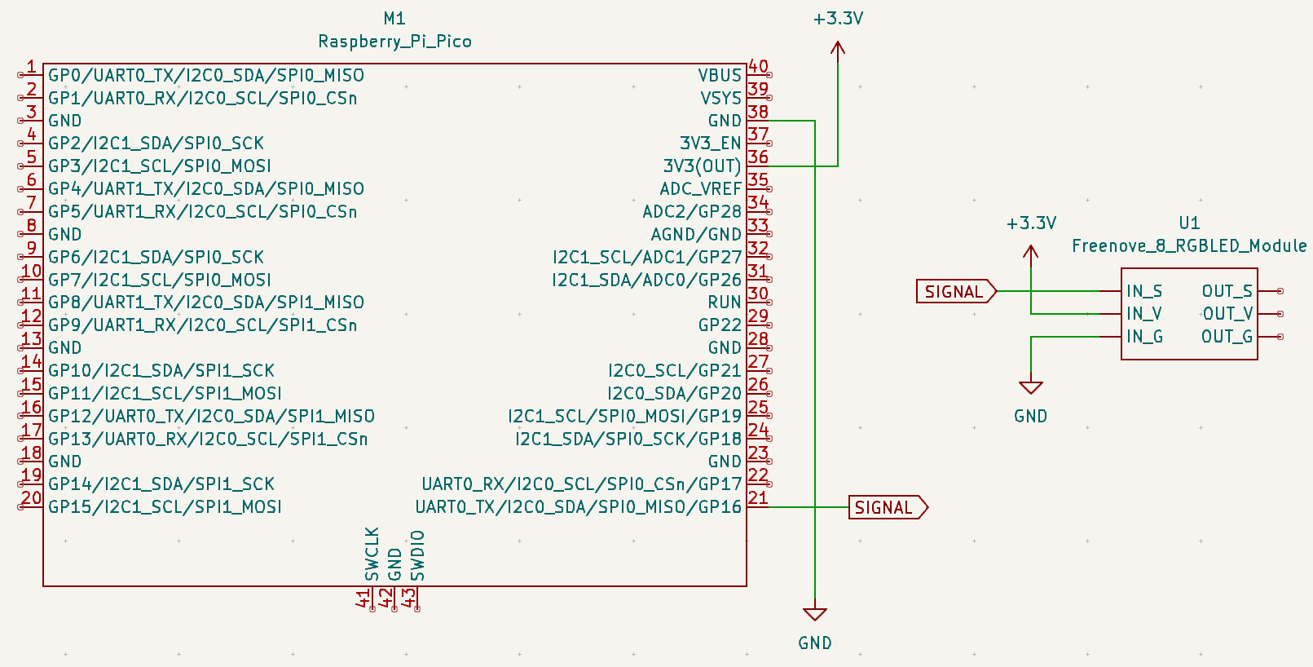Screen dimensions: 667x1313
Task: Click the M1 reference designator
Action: (x=394, y=18)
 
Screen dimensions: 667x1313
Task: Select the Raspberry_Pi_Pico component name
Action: (x=394, y=41)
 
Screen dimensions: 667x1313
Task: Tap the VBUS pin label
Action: (x=719, y=75)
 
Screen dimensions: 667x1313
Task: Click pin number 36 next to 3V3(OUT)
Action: (x=758, y=157)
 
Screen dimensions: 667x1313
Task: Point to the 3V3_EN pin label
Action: (x=710, y=144)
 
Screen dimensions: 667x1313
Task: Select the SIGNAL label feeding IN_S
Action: (x=954, y=291)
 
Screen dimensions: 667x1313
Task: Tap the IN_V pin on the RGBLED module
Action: (x=1143, y=314)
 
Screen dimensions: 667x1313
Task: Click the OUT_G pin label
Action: (x=1227, y=337)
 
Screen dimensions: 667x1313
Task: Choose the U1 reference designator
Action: (x=1189, y=223)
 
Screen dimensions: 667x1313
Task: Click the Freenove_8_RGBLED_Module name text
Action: (x=1189, y=245)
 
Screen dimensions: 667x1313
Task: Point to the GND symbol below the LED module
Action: (x=1031, y=389)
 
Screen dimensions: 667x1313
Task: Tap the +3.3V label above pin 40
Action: (x=838, y=18)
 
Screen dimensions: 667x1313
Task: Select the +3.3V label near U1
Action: (x=1031, y=223)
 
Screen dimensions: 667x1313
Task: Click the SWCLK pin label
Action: (x=372, y=554)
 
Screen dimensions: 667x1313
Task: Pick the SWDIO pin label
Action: (x=417, y=555)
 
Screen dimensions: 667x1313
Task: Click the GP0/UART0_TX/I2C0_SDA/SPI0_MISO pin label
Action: (x=206, y=75)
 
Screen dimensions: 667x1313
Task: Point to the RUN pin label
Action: (x=724, y=303)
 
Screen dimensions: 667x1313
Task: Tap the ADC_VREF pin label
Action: (x=700, y=188)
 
